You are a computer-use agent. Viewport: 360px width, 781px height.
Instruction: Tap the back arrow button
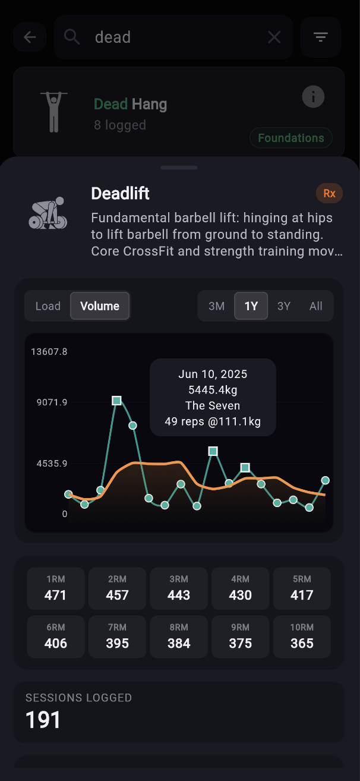(x=30, y=37)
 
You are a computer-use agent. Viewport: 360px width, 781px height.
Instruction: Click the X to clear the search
(x=274, y=37)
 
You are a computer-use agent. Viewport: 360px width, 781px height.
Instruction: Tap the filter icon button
(x=321, y=37)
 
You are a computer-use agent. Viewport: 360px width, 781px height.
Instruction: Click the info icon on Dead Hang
(x=313, y=96)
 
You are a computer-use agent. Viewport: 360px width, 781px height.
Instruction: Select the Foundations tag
(x=290, y=138)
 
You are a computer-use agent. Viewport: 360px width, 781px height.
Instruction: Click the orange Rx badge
(x=329, y=193)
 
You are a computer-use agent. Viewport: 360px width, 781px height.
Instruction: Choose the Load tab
(x=48, y=306)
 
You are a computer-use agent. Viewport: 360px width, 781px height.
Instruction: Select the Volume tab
(x=100, y=306)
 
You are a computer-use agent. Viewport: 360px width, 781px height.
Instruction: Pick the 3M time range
(x=216, y=306)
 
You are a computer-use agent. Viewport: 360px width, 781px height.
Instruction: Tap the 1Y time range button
(x=251, y=306)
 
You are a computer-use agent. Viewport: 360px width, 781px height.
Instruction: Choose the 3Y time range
(x=284, y=306)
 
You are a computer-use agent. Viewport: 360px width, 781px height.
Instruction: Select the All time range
(x=316, y=306)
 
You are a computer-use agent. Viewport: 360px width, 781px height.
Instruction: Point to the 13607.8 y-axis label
(x=49, y=352)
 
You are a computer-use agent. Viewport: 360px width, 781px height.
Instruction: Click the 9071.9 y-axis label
(x=52, y=402)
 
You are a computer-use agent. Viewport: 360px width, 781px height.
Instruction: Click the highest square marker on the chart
(x=117, y=401)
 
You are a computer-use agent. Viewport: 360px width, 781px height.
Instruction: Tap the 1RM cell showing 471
(x=56, y=588)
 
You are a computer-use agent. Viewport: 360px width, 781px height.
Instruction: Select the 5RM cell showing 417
(x=302, y=588)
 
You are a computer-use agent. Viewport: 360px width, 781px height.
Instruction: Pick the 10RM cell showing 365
(x=302, y=637)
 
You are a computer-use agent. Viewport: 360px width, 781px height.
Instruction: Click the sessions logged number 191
(x=43, y=720)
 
